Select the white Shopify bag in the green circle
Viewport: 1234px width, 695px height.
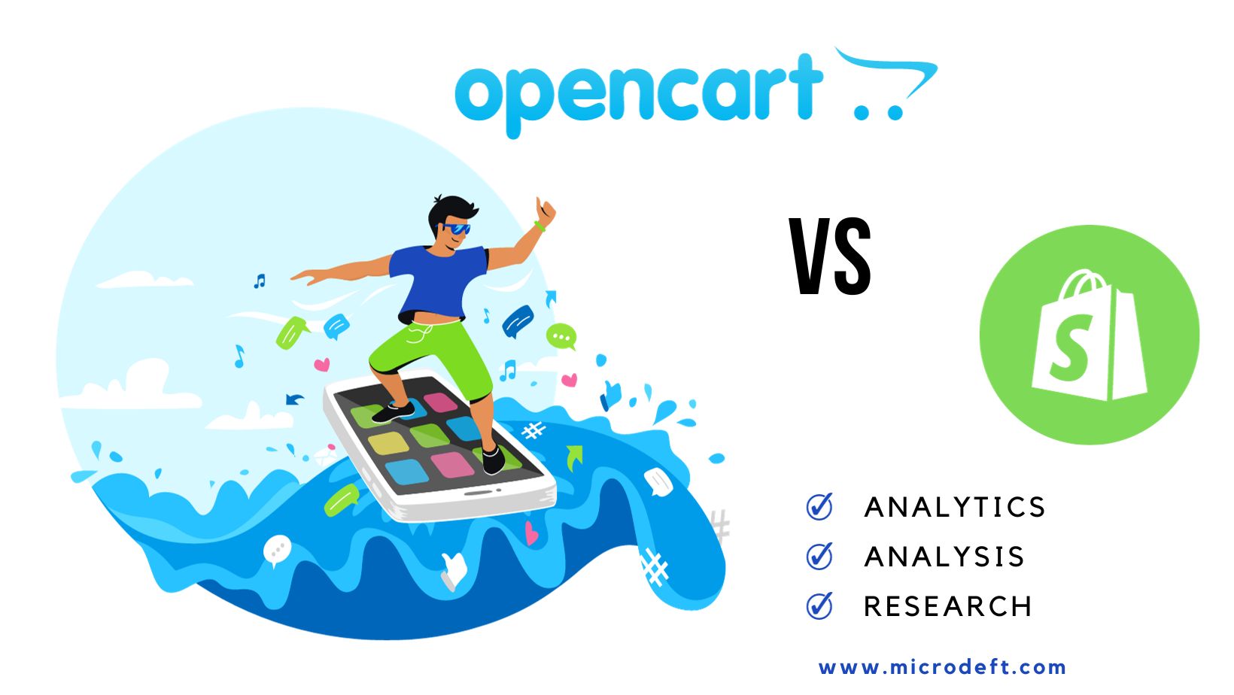pos(1089,338)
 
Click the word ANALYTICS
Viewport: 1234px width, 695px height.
pos(955,508)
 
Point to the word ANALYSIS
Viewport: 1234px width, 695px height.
pos(944,557)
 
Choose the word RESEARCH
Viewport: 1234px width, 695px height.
pos(947,607)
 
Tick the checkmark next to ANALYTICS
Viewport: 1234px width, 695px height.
pos(819,507)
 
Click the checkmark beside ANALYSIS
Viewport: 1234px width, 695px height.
pos(819,557)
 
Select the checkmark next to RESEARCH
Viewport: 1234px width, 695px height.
pos(819,605)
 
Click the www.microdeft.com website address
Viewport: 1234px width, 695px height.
pos(942,667)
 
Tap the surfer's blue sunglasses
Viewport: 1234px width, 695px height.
pos(456,228)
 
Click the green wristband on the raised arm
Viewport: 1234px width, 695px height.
pos(539,226)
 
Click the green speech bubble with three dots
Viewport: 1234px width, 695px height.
pos(561,336)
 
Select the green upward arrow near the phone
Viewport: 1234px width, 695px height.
pos(575,456)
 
